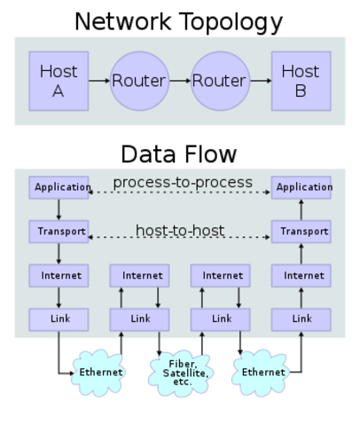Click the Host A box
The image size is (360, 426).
[x=59, y=81]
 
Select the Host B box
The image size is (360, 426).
[x=301, y=81]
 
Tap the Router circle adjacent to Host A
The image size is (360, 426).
[x=138, y=81]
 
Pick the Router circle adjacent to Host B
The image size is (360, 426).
[x=219, y=81]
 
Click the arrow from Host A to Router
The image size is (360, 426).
[x=98, y=81]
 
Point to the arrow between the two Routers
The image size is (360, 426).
[x=178, y=81]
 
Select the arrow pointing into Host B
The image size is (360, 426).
[x=260, y=81]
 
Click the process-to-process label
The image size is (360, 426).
[x=183, y=183]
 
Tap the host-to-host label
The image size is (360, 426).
[x=179, y=231]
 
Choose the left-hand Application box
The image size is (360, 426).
[x=59, y=187]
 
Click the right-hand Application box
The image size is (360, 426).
[x=301, y=187]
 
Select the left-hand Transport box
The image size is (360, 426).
[x=59, y=232]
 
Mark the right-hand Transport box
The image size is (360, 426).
[x=301, y=232]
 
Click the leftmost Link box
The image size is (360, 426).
[x=59, y=319]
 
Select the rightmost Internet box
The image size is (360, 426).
[x=301, y=275]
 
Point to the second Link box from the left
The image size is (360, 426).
[x=140, y=319]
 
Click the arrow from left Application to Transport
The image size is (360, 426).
[x=59, y=209]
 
